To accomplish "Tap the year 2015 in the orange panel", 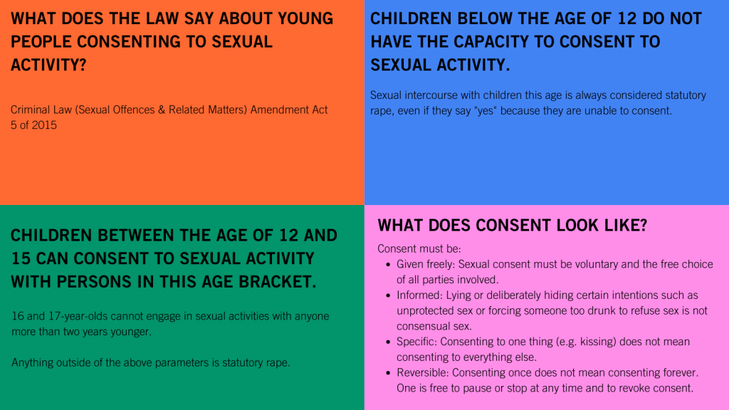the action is point(45,125).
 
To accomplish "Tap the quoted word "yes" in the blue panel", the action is point(486,110).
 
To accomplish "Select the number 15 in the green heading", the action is point(21,258).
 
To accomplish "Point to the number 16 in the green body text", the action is point(18,316).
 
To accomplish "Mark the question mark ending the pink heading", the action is point(644,226).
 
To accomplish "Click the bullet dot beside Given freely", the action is point(388,265).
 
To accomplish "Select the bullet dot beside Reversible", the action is point(388,373).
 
